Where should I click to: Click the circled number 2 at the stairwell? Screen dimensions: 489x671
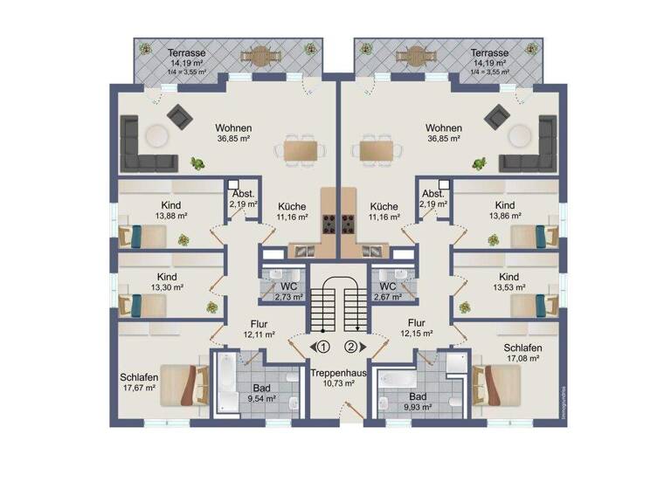tap(351, 347)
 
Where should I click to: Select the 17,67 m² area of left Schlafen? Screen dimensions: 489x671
tap(139, 388)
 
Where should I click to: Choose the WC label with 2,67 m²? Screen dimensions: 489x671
tap(387, 286)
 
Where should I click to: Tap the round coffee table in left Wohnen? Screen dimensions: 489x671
tap(157, 135)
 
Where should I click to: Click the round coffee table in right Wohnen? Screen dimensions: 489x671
tap(520, 135)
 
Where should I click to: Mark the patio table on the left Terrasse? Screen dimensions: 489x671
tap(258, 56)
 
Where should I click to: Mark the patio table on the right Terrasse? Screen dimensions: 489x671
tap(418, 56)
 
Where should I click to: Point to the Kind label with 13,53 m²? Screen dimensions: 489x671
tap(508, 277)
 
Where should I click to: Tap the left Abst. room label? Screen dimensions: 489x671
tap(243, 194)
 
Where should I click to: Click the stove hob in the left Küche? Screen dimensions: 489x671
tap(330, 224)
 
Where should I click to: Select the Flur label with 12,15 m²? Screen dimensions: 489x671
tap(416, 322)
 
